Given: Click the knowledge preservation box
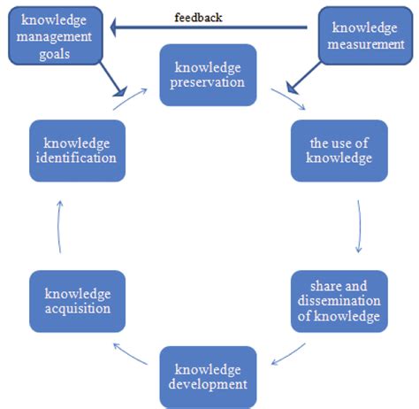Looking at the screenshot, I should pyautogui.click(x=209, y=76).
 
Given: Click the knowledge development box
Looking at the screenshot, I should pyautogui.click(x=209, y=376).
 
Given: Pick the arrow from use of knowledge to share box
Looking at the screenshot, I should pyautogui.click(x=360, y=227).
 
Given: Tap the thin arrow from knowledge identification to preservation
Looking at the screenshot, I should pyautogui.click(x=129, y=98).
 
